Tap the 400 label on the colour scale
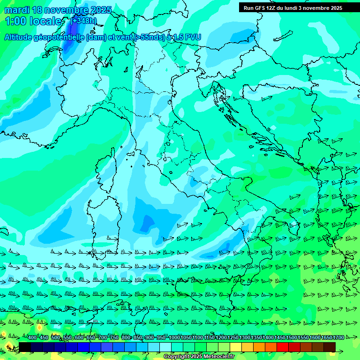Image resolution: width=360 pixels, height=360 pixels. coord(32,338)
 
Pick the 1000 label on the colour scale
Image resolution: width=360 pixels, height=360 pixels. coord(174,338)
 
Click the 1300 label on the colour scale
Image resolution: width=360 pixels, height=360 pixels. coord(245,338)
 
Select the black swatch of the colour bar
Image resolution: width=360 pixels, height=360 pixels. coord(25,347)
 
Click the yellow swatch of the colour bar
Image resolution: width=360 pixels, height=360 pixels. coord(236,347)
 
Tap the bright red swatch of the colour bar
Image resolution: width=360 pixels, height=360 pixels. coord(283,347)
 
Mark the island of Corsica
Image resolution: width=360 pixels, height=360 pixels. coord(105,169)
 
